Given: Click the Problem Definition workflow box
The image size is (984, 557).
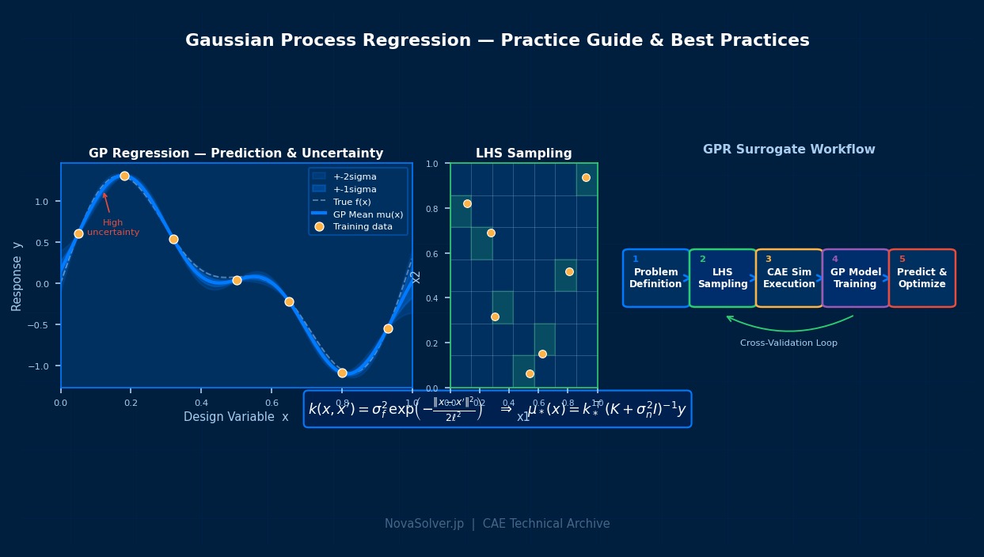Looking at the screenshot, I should tap(655, 278).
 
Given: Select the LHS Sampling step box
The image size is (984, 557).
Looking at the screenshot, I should tap(722, 278).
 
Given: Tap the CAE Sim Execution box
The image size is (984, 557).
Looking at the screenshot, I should tap(788, 278).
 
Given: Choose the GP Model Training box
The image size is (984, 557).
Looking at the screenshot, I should tap(855, 278).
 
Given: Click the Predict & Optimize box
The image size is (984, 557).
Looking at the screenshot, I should tap(921, 278).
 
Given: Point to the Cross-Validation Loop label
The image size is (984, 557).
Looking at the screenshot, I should tap(788, 343).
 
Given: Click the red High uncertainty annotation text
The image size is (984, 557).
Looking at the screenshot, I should tap(113, 228).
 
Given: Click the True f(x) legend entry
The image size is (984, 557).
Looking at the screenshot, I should tap(351, 202).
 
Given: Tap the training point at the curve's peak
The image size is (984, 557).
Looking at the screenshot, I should tap(124, 176).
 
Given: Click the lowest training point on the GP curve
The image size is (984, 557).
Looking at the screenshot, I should tap(342, 373).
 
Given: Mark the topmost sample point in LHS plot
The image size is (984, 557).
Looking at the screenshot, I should tap(586, 177).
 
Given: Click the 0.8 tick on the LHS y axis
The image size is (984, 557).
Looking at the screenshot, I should tap(432, 209).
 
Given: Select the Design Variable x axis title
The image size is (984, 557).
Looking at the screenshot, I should tap(236, 417).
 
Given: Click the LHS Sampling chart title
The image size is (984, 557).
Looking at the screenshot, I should tap(523, 153).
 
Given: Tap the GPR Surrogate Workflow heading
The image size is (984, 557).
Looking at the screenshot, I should tap(788, 150).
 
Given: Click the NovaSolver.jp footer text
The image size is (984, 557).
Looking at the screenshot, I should tap(497, 524).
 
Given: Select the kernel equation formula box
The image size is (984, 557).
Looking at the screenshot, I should tap(497, 409).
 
